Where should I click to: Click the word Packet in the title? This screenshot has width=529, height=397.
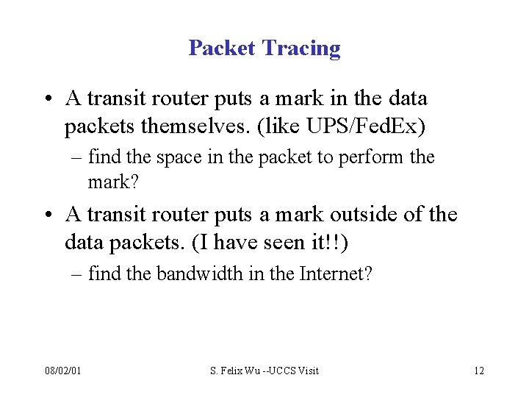[222, 49]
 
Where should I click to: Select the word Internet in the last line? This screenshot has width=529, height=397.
[335, 275]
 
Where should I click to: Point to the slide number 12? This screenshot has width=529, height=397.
[479, 371]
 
